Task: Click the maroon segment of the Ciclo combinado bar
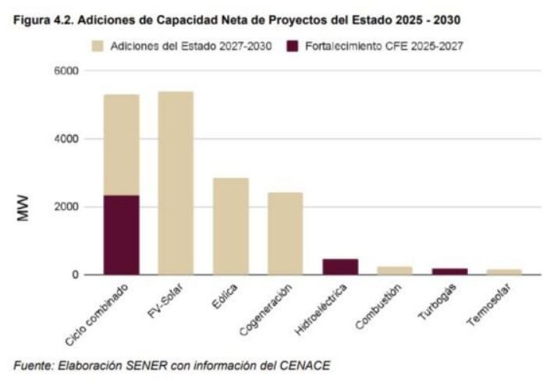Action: (x=121, y=235)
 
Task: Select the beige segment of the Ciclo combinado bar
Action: (x=121, y=144)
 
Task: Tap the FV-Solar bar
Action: (x=176, y=183)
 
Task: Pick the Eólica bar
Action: (x=230, y=226)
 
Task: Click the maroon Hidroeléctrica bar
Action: (x=339, y=267)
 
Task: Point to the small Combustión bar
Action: (x=394, y=271)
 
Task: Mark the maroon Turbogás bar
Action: (x=449, y=271)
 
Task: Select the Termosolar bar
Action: (x=503, y=271)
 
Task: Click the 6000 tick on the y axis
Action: (x=66, y=71)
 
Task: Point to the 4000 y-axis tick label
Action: (x=66, y=139)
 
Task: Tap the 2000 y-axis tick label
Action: (x=66, y=207)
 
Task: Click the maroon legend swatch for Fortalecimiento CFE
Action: (x=293, y=47)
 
